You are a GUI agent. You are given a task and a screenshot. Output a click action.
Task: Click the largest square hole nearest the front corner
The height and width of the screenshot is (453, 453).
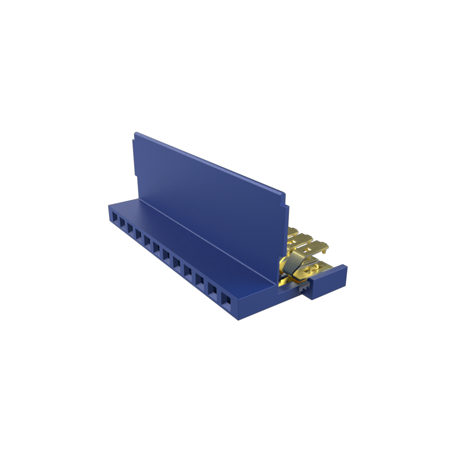tap(226, 299)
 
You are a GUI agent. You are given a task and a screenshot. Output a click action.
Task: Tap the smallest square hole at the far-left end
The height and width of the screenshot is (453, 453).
tap(115, 218)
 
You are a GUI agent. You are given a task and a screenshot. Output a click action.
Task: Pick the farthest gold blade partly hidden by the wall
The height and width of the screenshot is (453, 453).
tap(292, 231)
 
